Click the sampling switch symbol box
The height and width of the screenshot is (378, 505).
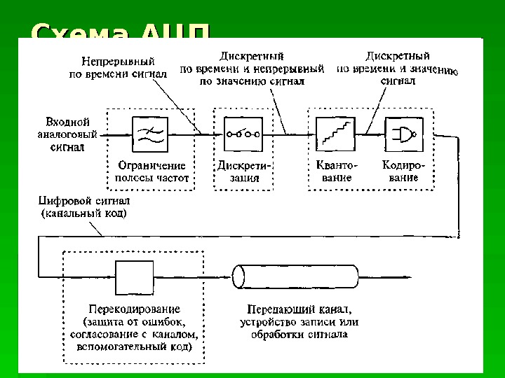(x=243, y=134)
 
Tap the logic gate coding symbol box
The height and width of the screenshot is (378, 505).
(x=403, y=133)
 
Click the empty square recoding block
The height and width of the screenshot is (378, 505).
(x=135, y=277)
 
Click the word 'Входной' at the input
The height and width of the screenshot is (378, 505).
(x=68, y=121)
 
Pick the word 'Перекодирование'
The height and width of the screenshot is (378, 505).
(x=135, y=309)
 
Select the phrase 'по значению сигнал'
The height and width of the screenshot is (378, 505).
(x=252, y=81)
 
